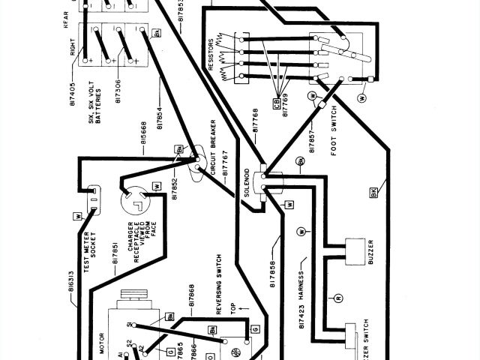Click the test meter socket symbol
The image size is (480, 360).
pos(95,199)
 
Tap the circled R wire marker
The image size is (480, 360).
pos(338,298)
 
